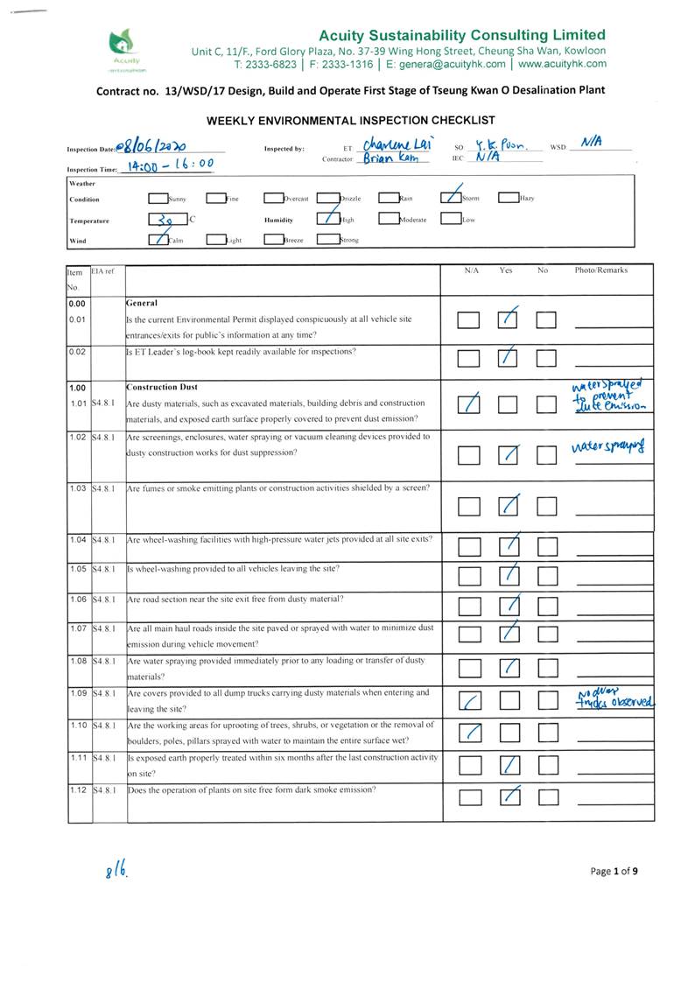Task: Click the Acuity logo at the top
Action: pos(123,49)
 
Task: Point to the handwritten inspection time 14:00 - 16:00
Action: pos(167,164)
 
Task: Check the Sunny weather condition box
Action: pos(158,199)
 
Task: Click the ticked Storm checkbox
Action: pos(451,198)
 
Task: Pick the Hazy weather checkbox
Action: pos(509,199)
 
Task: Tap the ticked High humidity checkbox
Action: pos(326,220)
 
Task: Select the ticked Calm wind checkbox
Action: pos(158,239)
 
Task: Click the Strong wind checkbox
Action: pos(326,239)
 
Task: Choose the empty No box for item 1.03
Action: pos(547,506)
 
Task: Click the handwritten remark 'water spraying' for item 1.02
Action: pos(613,448)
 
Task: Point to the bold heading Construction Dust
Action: pos(163,387)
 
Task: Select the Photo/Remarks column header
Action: pos(600,270)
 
